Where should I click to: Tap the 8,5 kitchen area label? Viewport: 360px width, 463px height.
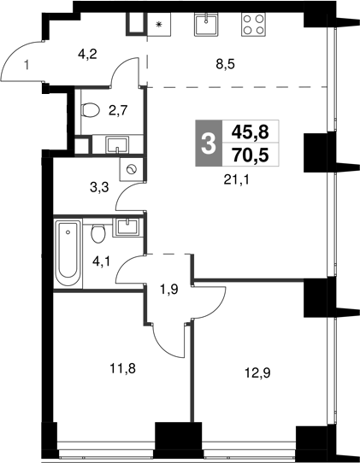tap(226, 61)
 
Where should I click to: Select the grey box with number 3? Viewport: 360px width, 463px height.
tap(206, 142)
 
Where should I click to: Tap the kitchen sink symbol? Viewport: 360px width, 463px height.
tap(205, 25)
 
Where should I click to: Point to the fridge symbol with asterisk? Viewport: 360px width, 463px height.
tap(158, 24)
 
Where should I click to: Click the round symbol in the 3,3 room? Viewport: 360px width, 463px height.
tap(130, 170)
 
